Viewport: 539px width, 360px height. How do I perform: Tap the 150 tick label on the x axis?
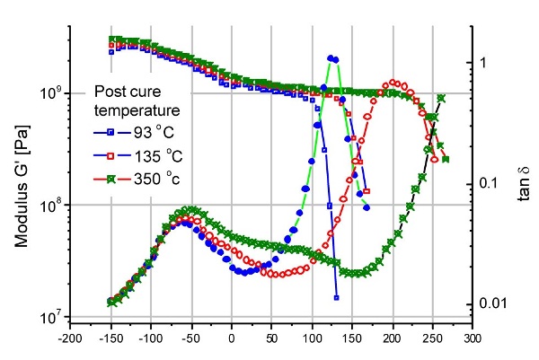point(353,341)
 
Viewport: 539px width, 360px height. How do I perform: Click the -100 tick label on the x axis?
point(149,341)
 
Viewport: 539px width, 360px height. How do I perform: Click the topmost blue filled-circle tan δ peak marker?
point(331,57)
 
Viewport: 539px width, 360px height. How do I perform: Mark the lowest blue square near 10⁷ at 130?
point(335,297)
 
